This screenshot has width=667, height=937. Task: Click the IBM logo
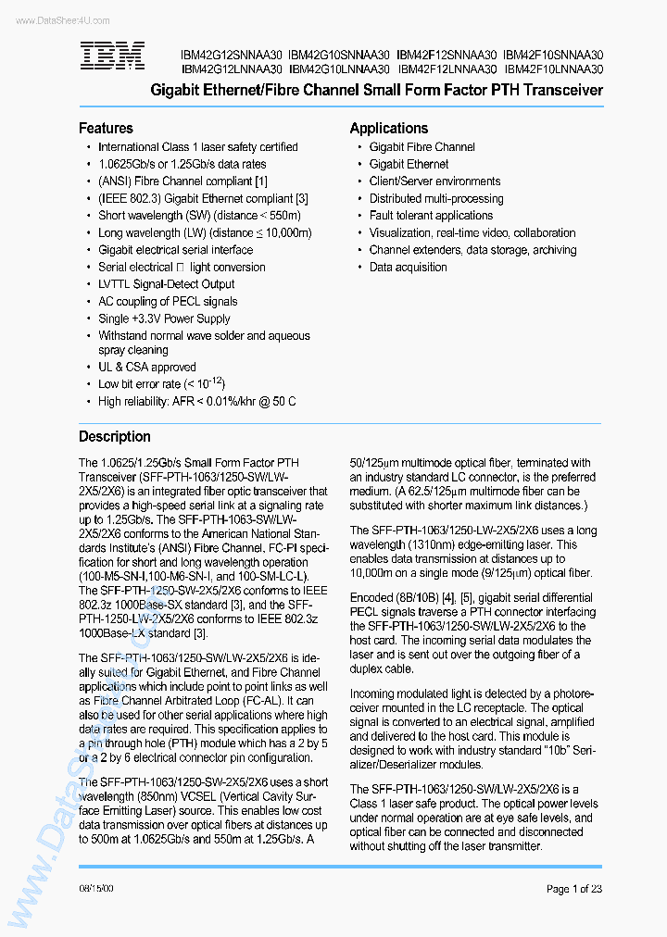click(x=111, y=57)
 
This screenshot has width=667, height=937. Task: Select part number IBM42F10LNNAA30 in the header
click(x=554, y=69)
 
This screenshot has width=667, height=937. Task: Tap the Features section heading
click(x=106, y=129)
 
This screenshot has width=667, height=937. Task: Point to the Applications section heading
click(x=388, y=129)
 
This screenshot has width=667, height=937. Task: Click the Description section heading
click(x=114, y=437)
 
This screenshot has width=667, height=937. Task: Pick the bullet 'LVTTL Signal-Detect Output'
click(x=166, y=284)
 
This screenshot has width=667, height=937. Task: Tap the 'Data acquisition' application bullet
click(x=408, y=268)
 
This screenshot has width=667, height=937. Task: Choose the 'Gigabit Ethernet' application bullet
click(x=409, y=164)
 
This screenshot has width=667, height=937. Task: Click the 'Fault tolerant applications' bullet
click(x=431, y=216)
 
